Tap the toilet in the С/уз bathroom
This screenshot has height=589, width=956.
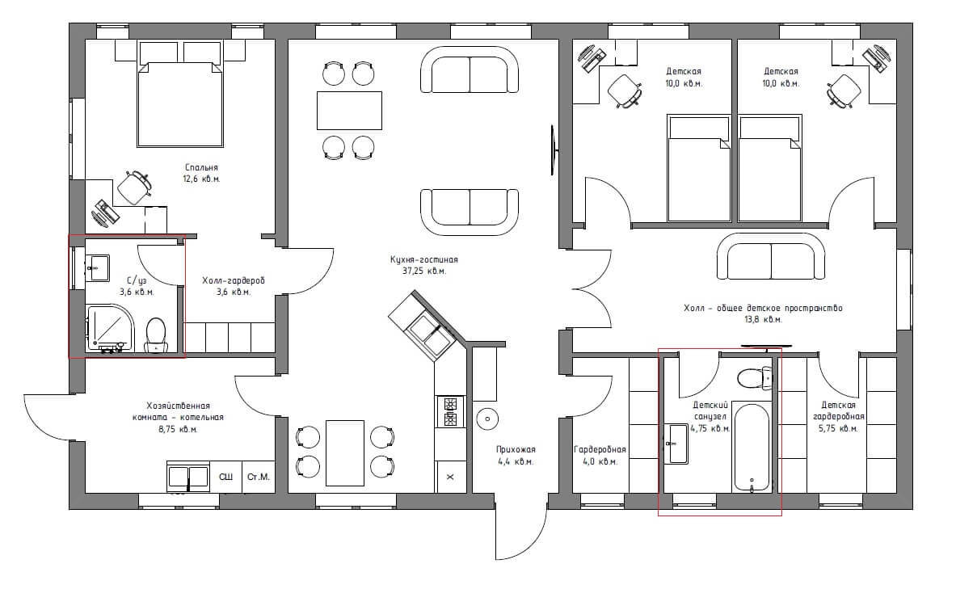click(156, 334)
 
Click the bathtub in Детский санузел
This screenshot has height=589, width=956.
click(752, 447)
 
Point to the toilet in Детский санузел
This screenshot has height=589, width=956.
click(755, 378)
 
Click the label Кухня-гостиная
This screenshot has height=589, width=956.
click(423, 259)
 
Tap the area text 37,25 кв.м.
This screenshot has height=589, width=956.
click(423, 271)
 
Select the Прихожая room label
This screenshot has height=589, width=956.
click(516, 450)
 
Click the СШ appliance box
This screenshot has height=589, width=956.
click(225, 476)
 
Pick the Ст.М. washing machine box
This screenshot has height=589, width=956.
click(258, 476)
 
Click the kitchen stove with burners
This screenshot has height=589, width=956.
click(451, 411)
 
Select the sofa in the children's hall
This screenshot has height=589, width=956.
click(771, 257)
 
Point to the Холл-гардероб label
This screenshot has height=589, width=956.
click(234, 280)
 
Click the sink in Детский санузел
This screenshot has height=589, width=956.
click(677, 444)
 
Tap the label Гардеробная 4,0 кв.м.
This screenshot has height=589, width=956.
click(600, 456)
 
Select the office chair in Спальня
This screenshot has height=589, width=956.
click(133, 187)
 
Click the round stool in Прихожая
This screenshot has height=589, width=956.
click(487, 419)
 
